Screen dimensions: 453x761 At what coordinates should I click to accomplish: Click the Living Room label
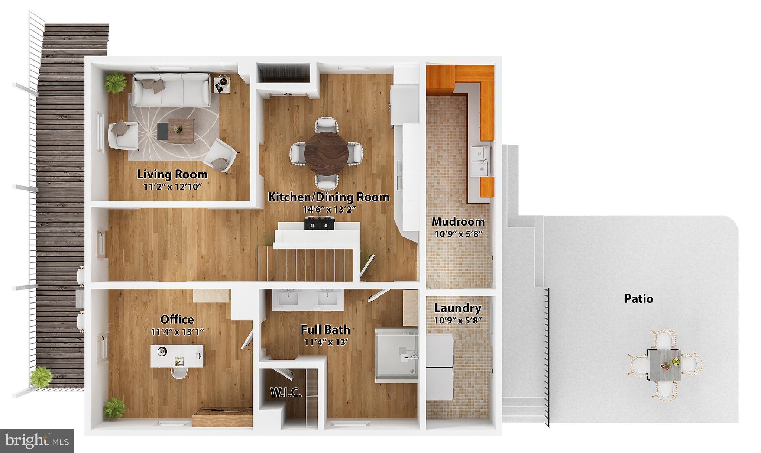click(172, 174)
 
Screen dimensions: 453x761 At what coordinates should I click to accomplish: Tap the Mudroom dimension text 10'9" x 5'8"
click(458, 234)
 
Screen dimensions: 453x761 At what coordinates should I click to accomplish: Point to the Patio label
click(639, 299)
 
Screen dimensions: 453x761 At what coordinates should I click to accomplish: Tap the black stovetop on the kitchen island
click(319, 224)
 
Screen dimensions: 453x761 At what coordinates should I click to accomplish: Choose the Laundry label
click(458, 308)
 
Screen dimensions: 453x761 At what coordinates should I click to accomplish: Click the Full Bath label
click(326, 329)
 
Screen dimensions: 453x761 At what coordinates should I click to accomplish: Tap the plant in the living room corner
click(115, 82)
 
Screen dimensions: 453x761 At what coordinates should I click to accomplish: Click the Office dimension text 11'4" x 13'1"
click(178, 332)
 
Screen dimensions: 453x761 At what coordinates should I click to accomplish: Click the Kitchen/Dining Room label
click(329, 197)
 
